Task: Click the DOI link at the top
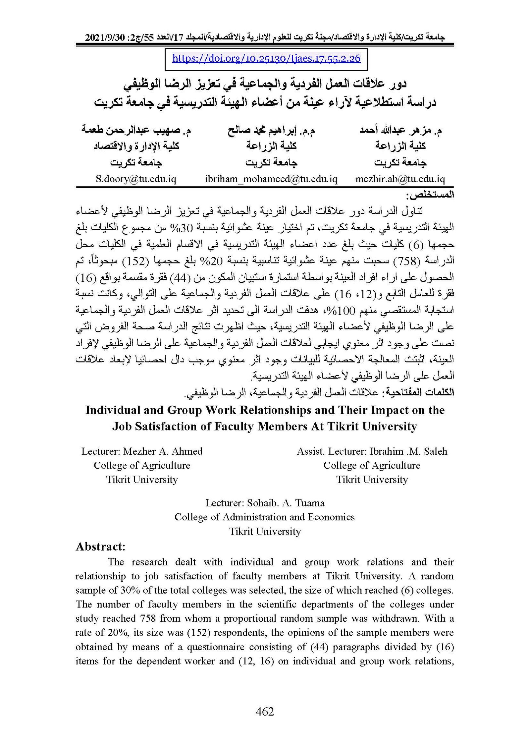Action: tap(266, 59)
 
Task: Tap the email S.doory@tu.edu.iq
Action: tap(136, 179)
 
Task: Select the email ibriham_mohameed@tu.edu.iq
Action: tap(271, 179)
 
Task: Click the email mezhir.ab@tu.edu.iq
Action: tap(400, 179)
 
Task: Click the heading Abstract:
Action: tap(100, 547)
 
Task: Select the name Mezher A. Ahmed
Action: tap(163, 451)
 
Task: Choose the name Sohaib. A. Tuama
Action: tap(286, 503)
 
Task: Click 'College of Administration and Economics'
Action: tap(264, 517)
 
